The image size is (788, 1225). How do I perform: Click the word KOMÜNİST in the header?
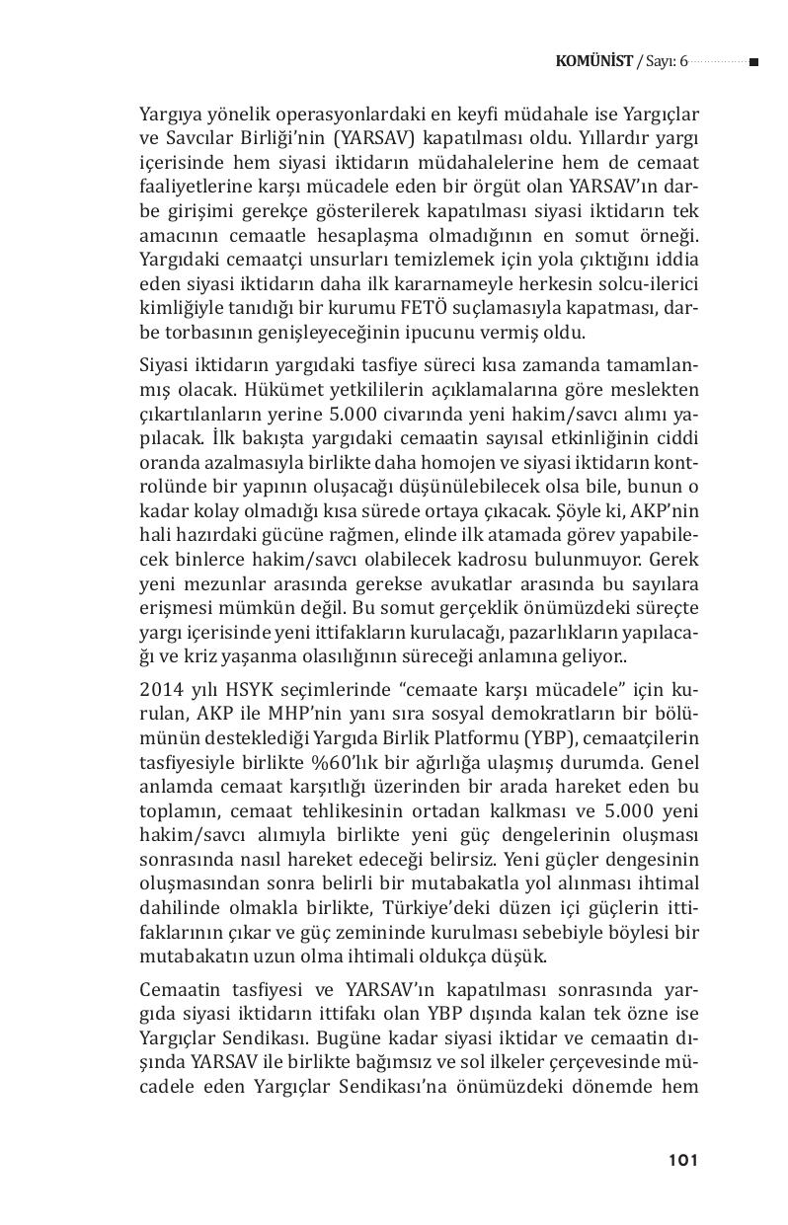(594, 61)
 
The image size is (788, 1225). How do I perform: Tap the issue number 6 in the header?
(682, 61)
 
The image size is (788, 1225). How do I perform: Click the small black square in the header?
(753, 62)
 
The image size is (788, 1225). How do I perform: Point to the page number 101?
(682, 1160)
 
